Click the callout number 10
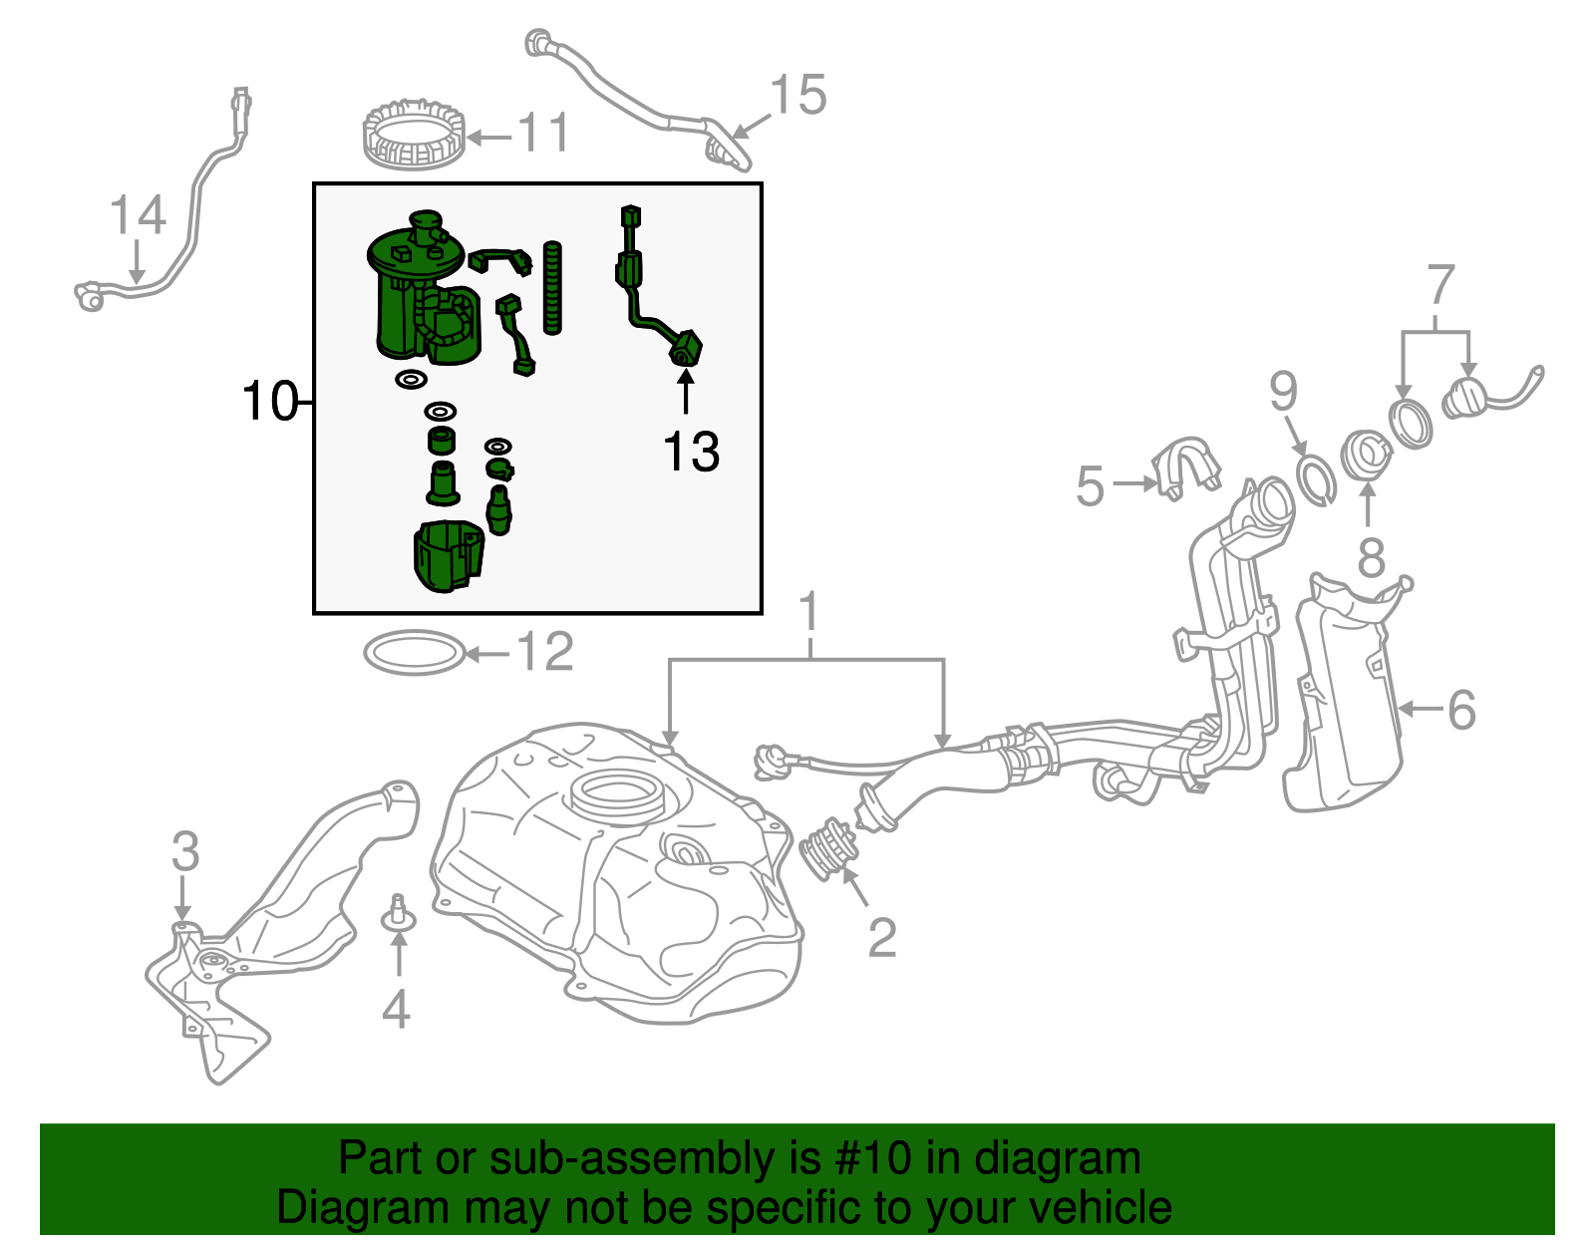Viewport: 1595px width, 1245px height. point(269,402)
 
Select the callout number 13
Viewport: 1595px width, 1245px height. point(691,453)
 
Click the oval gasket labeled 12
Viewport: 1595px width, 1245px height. point(414,653)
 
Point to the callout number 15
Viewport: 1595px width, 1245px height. point(798,96)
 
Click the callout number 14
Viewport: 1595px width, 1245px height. point(137,215)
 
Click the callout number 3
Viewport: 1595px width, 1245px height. point(185,852)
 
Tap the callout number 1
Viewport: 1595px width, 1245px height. point(809,612)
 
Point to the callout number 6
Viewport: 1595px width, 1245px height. point(1460,710)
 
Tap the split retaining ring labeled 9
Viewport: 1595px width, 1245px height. point(1316,479)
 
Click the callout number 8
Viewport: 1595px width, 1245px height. point(1372,558)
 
